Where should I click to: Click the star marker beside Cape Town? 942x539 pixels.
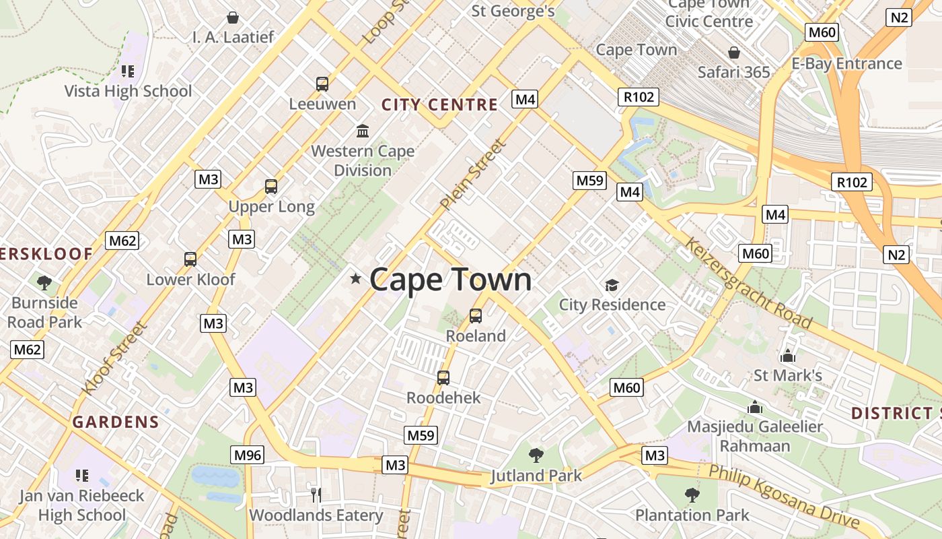pyautogui.click(x=356, y=278)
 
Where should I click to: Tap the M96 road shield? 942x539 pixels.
pyautogui.click(x=247, y=455)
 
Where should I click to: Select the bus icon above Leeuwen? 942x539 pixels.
pyautogui.click(x=322, y=84)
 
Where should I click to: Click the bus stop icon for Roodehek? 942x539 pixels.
pyautogui.click(x=443, y=378)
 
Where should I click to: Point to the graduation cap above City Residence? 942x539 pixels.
pyautogui.click(x=612, y=286)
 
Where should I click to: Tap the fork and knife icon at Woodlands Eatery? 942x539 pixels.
pyautogui.click(x=316, y=495)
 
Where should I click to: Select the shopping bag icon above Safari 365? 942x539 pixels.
pyautogui.click(x=734, y=53)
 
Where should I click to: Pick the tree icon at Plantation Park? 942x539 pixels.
pyautogui.click(x=692, y=496)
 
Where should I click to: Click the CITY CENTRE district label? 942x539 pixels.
pyautogui.click(x=439, y=105)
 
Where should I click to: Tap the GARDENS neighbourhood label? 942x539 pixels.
pyautogui.click(x=116, y=422)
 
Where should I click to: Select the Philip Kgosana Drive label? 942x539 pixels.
pyautogui.click(x=785, y=496)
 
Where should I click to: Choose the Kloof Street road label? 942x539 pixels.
pyautogui.click(x=114, y=358)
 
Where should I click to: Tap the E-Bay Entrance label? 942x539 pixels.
pyautogui.click(x=846, y=64)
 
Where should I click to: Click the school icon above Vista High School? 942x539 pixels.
pyautogui.click(x=128, y=71)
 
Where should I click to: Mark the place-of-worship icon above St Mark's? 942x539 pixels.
pyautogui.click(x=787, y=356)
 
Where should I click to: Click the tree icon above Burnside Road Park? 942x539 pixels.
pyautogui.click(x=45, y=282)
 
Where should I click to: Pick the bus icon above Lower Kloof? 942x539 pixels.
pyautogui.click(x=190, y=259)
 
